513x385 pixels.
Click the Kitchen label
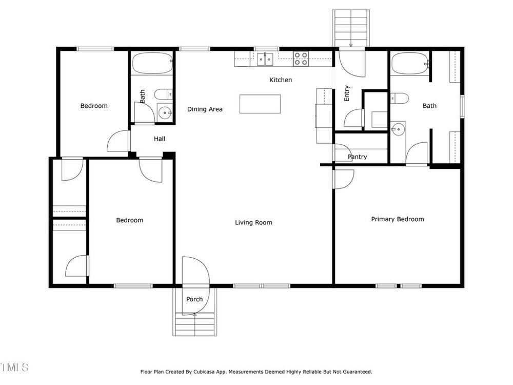coord(281,80)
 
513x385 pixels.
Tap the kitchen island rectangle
coord(260,104)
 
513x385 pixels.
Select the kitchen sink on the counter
coord(265,59)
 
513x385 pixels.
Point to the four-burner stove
coord(301,59)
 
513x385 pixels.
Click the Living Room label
coord(253,223)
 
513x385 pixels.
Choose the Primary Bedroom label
coord(398,219)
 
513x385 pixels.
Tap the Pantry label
coord(357,157)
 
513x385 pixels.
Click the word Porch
coord(194,299)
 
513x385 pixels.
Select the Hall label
coord(160,139)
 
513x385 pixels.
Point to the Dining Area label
coord(205,109)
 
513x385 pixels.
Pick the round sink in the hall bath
coord(165,113)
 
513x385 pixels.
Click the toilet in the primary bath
coord(400,98)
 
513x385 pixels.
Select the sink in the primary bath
coord(398,130)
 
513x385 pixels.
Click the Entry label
coord(347,93)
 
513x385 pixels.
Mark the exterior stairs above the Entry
coord(351,28)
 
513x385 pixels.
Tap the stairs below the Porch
coord(194,324)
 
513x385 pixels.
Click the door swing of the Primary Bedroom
coord(344,179)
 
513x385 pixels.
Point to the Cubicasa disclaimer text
coord(256,372)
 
